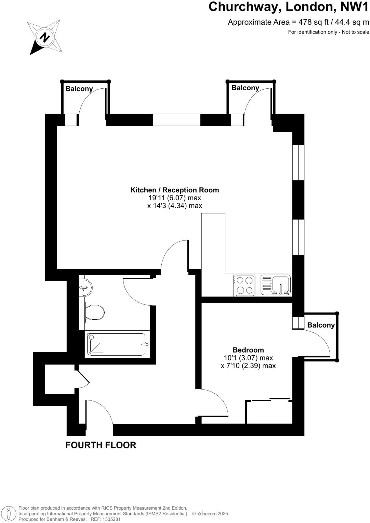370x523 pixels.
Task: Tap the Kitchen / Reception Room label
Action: [174, 190]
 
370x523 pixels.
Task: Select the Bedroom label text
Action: [248, 350]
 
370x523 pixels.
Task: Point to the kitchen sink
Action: [280, 284]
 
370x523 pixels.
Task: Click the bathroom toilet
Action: [94, 312]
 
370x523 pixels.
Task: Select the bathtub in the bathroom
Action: [116, 344]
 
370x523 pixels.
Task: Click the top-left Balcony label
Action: [79, 89]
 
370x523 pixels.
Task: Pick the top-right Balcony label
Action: [245, 88]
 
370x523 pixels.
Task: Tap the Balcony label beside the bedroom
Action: [321, 325]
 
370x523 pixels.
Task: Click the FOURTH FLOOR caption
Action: [101, 445]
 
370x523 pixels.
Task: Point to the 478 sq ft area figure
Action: [314, 22]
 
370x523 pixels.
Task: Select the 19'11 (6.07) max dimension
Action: [174, 198]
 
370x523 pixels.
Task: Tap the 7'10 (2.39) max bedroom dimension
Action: [248, 366]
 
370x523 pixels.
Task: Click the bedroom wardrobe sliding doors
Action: [270, 399]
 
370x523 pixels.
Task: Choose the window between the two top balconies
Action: [176, 120]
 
